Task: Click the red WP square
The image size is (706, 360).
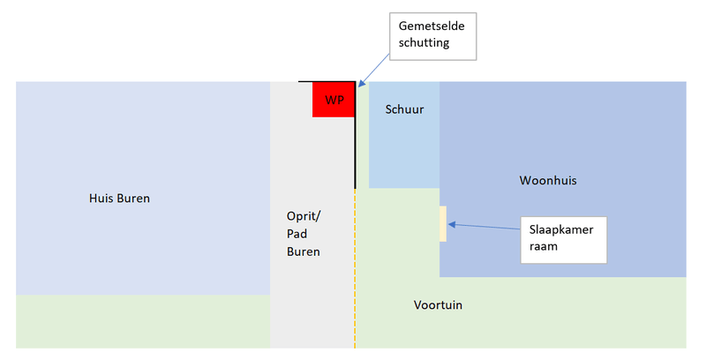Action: tap(333, 99)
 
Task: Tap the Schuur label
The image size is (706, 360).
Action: tap(405, 110)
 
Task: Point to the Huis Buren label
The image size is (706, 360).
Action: tap(120, 199)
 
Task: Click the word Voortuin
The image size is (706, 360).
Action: tap(438, 305)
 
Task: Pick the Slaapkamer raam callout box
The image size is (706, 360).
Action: tap(562, 239)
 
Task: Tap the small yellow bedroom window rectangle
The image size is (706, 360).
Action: tap(443, 223)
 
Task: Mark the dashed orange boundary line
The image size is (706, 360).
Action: tap(355, 274)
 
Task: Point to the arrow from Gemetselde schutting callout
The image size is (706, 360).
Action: tap(374, 68)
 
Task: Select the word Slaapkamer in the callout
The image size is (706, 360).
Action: tap(562, 230)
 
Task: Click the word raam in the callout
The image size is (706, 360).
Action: tap(544, 248)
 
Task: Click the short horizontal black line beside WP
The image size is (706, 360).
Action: tap(305, 82)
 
